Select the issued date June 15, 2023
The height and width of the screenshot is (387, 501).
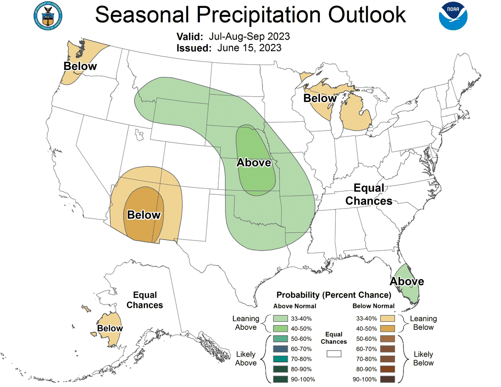pyautogui.click(x=249, y=48)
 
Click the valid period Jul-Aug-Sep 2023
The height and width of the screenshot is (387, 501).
pyautogui.click(x=250, y=36)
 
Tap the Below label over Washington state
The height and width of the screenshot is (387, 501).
pyautogui.click(x=80, y=66)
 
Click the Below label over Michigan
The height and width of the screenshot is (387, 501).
pyautogui.click(x=320, y=98)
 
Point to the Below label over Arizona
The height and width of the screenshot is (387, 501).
pyautogui.click(x=144, y=215)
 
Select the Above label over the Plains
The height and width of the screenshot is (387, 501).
pyautogui.click(x=254, y=163)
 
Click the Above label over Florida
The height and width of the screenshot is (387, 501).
pyautogui.click(x=407, y=281)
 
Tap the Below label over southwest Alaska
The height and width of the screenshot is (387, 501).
pyautogui.click(x=110, y=328)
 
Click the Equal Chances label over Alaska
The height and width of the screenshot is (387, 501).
pyautogui.click(x=145, y=300)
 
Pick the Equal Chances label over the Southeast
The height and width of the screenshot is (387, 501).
pyautogui.click(x=368, y=194)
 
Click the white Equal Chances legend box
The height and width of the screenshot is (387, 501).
pyautogui.click(x=334, y=353)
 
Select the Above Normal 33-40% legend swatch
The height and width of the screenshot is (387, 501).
pyautogui.click(x=280, y=318)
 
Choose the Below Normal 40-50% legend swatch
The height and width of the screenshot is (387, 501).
pyautogui.click(x=387, y=329)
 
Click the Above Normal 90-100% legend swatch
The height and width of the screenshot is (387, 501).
pyautogui.click(x=280, y=379)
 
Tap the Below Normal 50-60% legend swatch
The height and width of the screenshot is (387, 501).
pyautogui.click(x=387, y=339)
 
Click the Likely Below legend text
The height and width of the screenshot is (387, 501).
pyautogui.click(x=423, y=358)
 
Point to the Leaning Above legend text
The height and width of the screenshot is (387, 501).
pyautogui.click(x=246, y=323)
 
